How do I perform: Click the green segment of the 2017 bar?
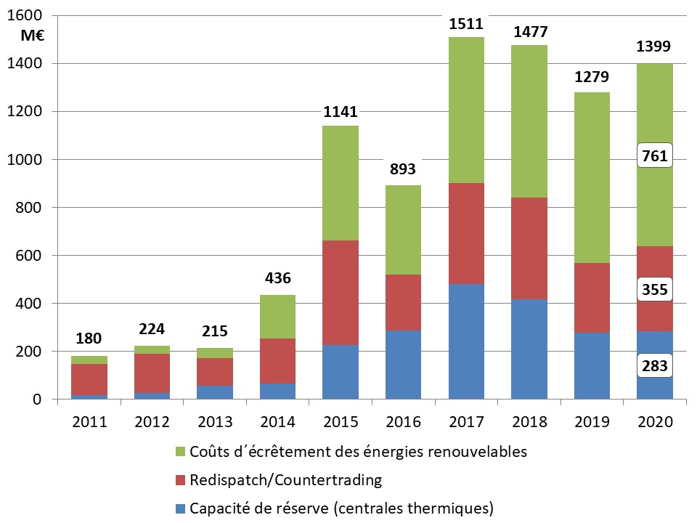[466, 110]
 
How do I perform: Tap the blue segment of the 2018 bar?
[529, 349]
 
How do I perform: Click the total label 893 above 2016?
[403, 169]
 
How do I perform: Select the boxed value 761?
[654, 155]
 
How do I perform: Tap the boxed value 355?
[654, 288]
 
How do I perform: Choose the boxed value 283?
[654, 365]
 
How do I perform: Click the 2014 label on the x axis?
[277, 421]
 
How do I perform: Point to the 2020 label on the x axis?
[654, 421]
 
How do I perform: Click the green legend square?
[180, 452]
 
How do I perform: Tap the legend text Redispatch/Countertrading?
[285, 479]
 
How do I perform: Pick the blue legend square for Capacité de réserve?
[180, 508]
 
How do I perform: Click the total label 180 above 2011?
[89, 338]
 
